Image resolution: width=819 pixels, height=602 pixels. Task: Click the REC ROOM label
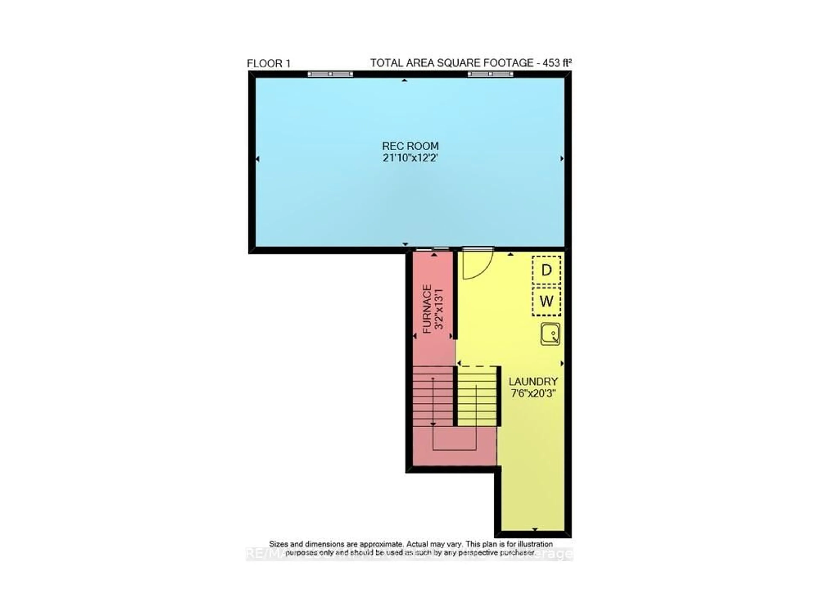(x=410, y=146)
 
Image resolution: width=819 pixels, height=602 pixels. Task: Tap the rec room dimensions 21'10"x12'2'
(x=410, y=158)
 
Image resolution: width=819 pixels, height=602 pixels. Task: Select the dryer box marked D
(x=546, y=270)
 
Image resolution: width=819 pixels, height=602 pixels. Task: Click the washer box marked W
(x=546, y=301)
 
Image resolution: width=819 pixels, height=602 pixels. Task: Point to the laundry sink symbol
(x=550, y=334)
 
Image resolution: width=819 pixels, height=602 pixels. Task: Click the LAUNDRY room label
(x=533, y=382)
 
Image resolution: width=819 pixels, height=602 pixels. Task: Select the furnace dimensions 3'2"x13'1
(x=439, y=309)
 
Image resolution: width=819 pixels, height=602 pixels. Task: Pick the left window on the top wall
(x=330, y=74)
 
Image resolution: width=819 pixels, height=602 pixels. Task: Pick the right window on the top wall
(x=490, y=74)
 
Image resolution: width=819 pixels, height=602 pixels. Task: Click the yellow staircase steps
(x=476, y=397)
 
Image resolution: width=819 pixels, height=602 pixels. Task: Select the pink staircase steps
(x=433, y=397)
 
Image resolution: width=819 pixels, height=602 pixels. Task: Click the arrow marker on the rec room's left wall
(x=258, y=159)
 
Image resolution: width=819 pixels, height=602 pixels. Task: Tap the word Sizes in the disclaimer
(x=278, y=544)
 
